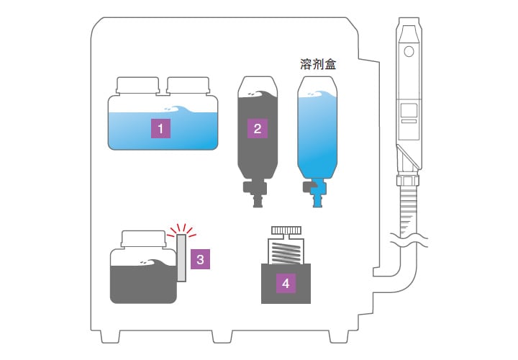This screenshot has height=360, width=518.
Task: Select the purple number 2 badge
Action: coord(257,130)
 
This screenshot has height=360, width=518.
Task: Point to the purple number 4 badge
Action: coord(286,283)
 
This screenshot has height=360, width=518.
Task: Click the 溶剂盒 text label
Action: coord(318,64)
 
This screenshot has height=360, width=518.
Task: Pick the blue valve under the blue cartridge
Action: coord(315,192)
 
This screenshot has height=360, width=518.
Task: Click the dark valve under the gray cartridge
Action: coord(255,192)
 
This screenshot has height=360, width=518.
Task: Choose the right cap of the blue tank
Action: coord(188,86)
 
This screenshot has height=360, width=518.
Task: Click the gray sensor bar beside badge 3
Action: coord(181,258)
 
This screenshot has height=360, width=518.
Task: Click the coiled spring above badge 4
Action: coord(286,254)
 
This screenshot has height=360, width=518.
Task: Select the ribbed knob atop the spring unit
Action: coord(286,230)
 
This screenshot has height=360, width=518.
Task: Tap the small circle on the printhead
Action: coord(409,52)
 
